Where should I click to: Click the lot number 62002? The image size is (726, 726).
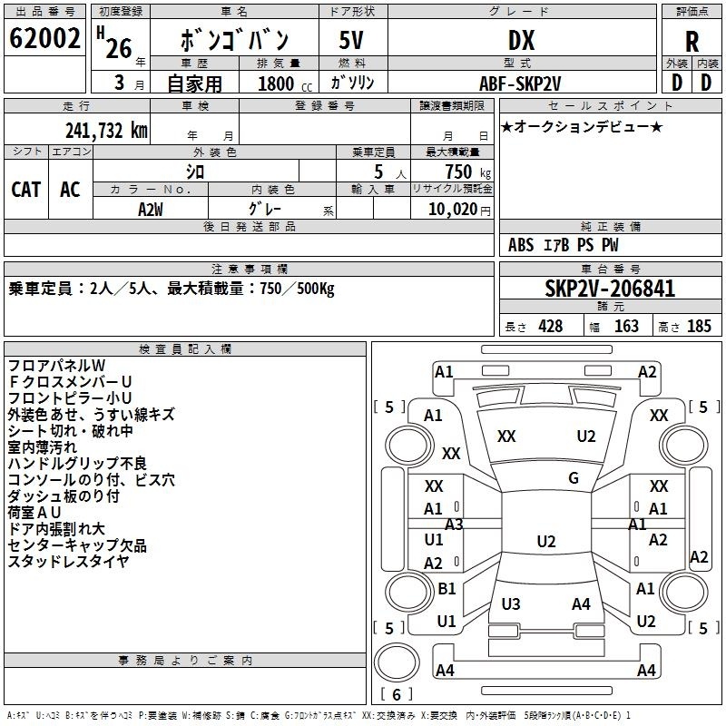[x=44, y=38]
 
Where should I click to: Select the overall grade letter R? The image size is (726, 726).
[x=692, y=42]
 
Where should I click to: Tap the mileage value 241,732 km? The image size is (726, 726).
[x=106, y=131]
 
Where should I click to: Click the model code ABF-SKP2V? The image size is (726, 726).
[x=520, y=83]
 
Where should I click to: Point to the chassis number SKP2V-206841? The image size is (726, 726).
[x=610, y=289]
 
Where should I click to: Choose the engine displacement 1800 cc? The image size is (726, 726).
[x=285, y=83]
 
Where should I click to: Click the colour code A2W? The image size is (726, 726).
[x=151, y=210]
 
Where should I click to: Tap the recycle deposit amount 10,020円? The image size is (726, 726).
[x=459, y=210]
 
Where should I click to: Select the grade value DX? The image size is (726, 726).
[x=521, y=40]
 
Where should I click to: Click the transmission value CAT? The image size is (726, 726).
[x=26, y=189]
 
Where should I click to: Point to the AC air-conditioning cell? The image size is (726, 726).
[x=71, y=189]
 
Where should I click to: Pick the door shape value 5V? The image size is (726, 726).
[x=351, y=40]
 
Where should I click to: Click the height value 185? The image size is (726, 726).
[x=699, y=326]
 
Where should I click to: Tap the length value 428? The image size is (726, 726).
[x=551, y=326]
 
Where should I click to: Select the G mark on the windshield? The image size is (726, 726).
[x=574, y=477]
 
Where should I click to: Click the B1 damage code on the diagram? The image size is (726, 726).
[x=446, y=588]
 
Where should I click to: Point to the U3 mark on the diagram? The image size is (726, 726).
[x=511, y=603]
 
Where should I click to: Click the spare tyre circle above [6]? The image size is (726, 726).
[x=397, y=662]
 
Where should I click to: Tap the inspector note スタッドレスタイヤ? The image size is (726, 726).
[x=68, y=561]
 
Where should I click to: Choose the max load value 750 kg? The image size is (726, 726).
[x=467, y=172]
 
